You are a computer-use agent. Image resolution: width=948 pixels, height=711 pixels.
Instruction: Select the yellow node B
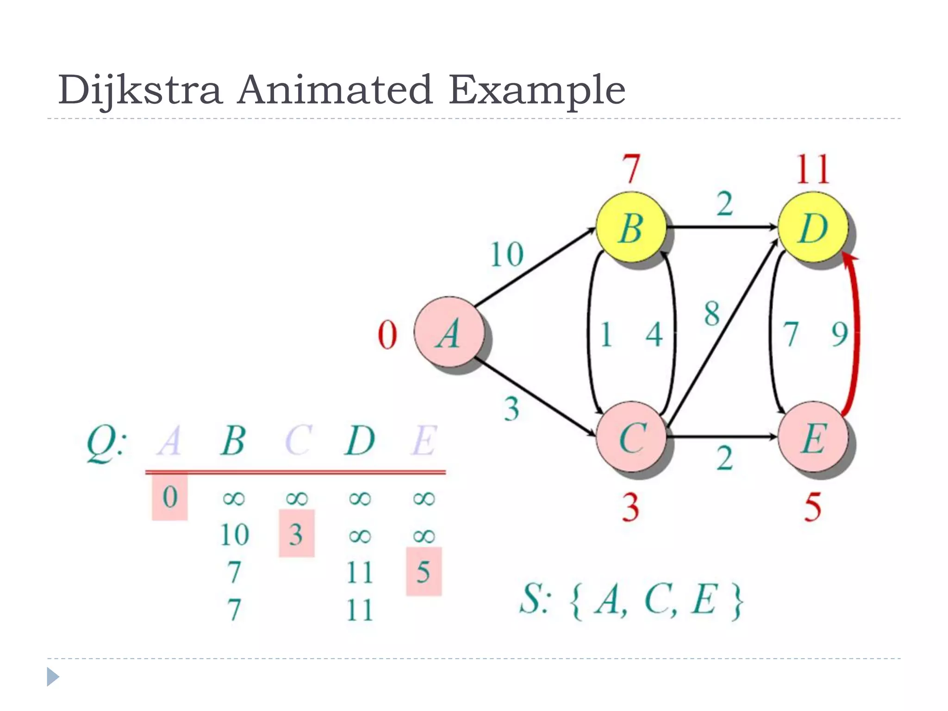click(631, 228)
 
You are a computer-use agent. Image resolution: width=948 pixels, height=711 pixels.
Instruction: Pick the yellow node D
click(813, 228)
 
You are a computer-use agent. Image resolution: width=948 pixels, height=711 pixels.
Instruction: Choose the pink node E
click(813, 437)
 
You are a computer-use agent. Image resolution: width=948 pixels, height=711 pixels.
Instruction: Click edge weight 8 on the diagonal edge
click(712, 313)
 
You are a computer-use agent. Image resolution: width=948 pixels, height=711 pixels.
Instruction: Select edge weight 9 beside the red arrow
click(839, 334)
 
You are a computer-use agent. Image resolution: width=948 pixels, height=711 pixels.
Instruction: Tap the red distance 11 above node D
click(813, 169)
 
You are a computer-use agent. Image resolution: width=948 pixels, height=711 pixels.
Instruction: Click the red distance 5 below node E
click(813, 507)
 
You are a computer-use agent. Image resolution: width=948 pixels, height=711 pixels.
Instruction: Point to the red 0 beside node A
click(387, 335)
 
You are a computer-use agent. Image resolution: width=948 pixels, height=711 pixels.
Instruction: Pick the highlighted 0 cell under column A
click(170, 497)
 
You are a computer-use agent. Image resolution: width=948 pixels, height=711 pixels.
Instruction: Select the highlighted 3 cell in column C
click(297, 534)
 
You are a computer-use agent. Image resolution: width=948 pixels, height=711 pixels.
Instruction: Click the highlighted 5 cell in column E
click(424, 571)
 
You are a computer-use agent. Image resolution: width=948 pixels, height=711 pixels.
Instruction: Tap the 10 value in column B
click(235, 535)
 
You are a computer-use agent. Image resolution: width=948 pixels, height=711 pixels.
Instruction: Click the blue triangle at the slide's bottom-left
click(53, 677)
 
